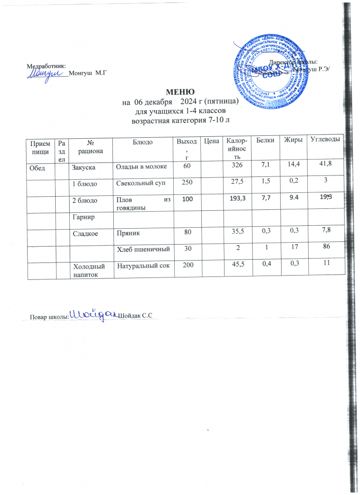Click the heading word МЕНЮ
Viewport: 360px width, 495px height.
click(x=180, y=92)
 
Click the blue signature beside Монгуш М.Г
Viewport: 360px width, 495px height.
click(x=45, y=73)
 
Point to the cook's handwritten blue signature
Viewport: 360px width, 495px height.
click(x=94, y=314)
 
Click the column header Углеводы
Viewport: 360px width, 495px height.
click(x=325, y=140)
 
